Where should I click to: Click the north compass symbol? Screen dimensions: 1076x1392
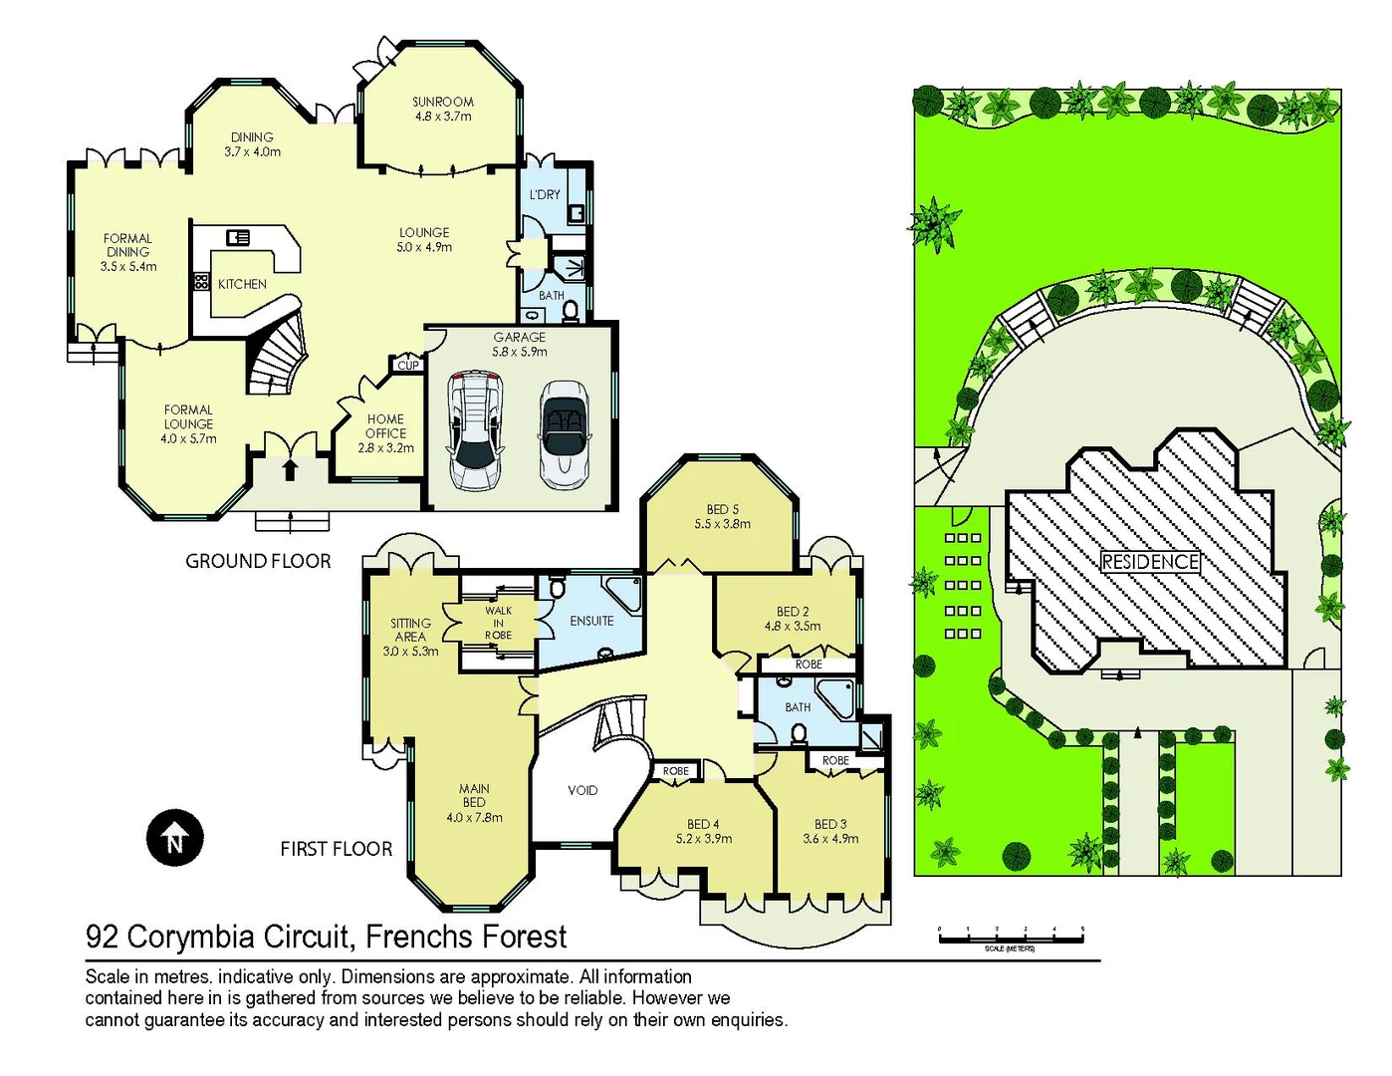point(175,838)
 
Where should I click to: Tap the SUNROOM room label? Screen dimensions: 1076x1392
point(443,109)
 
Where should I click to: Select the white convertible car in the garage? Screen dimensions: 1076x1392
point(564,434)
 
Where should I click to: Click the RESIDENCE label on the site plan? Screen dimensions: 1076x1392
point(1150,562)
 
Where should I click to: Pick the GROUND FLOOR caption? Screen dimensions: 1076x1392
point(258,561)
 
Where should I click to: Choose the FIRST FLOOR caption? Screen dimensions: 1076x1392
point(336,849)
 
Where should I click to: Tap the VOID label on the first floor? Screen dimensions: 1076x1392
point(582,790)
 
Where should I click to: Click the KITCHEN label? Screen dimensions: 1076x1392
point(242,284)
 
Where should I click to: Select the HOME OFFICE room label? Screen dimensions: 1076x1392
point(385,433)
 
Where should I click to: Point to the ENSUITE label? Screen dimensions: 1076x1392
point(591,621)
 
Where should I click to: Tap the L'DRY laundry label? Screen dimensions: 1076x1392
point(545,194)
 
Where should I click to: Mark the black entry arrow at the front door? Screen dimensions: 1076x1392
point(290,468)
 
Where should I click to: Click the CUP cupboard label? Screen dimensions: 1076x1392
point(408,366)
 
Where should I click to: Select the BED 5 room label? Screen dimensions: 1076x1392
point(722,516)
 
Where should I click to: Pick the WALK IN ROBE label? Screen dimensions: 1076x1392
point(498,623)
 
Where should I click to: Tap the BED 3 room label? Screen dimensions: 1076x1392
point(830,831)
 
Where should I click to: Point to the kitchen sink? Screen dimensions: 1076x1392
point(238,237)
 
